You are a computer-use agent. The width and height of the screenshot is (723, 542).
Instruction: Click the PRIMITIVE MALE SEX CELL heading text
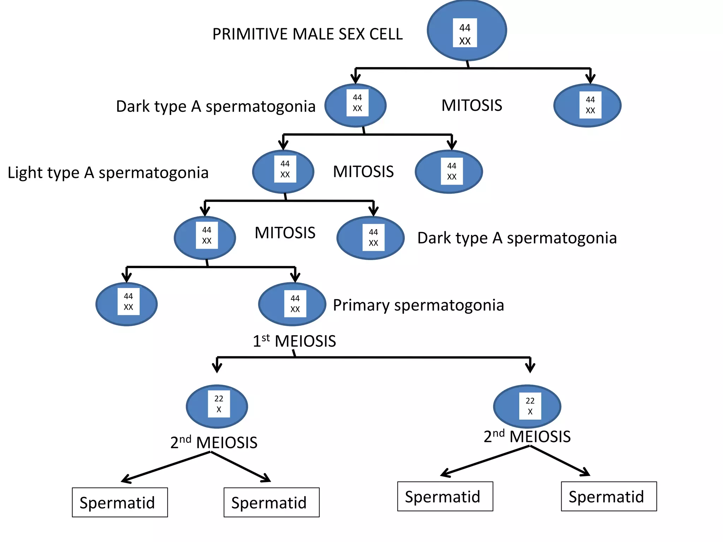[x=307, y=34]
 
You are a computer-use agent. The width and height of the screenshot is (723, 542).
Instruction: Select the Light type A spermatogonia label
[x=108, y=173]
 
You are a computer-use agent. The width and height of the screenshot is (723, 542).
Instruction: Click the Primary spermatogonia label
[x=418, y=305]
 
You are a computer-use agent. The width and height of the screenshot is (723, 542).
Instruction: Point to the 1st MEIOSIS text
[x=294, y=341]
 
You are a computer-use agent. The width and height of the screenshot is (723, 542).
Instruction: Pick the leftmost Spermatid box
[x=120, y=502]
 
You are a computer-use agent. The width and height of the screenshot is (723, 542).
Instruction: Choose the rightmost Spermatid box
[x=609, y=496]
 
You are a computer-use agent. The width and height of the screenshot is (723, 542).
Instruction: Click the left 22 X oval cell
[x=217, y=406]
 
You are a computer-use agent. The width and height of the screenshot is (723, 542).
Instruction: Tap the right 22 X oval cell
[x=527, y=406]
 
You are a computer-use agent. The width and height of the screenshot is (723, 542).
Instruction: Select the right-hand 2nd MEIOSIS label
[x=527, y=437]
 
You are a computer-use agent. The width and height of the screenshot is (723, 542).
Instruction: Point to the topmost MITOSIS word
[x=472, y=106]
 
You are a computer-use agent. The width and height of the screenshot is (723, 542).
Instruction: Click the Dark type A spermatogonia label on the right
[x=517, y=238]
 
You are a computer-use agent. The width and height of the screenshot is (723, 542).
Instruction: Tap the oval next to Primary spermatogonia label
[x=292, y=304]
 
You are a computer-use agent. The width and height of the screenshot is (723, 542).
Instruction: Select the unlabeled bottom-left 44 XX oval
[x=126, y=304]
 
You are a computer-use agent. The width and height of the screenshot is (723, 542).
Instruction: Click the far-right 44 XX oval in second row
[x=587, y=106]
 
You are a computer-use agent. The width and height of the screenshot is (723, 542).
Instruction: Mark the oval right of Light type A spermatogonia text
[x=283, y=172]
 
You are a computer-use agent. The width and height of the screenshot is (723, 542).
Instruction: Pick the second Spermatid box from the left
[x=271, y=502]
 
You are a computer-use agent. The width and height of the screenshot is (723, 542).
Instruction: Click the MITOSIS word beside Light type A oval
[x=363, y=172]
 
